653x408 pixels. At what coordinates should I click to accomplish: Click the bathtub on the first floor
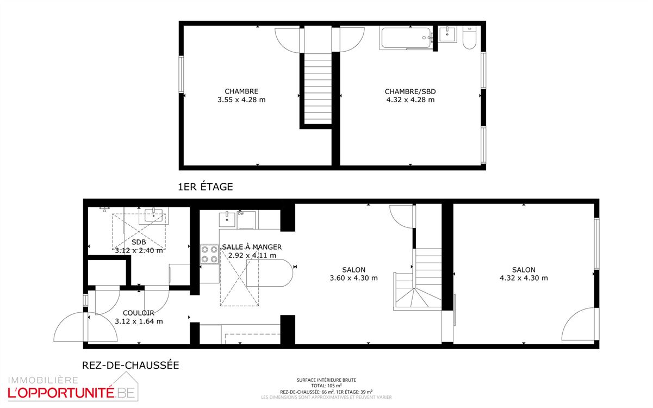(407, 38)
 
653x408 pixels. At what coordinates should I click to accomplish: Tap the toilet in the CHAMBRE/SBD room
(469, 39)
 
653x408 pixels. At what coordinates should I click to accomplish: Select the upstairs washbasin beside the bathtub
(447, 34)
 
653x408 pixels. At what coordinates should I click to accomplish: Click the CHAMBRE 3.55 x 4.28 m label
(241, 96)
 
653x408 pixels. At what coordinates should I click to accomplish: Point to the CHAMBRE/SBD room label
(410, 96)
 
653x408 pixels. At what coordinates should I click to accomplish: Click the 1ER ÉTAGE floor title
(206, 187)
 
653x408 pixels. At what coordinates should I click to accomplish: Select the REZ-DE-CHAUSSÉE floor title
(130, 366)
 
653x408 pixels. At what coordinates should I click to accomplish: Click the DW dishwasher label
(241, 214)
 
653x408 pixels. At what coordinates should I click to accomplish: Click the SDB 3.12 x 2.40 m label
(139, 246)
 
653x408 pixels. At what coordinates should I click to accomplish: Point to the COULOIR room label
(139, 317)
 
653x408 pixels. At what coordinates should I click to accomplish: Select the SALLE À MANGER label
(252, 251)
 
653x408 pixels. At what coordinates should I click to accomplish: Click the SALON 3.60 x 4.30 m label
(353, 274)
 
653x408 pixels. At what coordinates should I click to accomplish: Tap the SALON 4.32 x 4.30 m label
(524, 274)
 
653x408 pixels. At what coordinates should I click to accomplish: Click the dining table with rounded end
(269, 274)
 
